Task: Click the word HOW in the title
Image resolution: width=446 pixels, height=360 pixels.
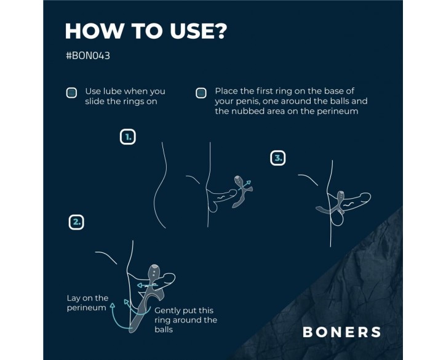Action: click(x=95, y=31)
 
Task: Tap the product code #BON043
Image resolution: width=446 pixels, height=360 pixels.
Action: click(x=88, y=55)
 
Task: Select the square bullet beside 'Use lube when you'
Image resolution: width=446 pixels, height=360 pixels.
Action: click(x=71, y=93)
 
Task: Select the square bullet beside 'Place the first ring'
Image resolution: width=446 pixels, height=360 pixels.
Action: click(x=201, y=93)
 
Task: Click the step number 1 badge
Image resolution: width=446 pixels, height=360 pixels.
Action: click(x=128, y=137)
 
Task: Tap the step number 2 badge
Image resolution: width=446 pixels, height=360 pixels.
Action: click(x=76, y=222)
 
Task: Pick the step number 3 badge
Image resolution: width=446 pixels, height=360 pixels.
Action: click(x=277, y=158)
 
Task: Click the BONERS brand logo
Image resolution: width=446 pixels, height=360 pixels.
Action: click(x=341, y=332)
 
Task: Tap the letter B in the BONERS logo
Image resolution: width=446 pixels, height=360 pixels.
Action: click(x=308, y=332)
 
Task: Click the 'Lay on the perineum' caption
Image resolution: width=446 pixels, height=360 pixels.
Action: click(x=87, y=303)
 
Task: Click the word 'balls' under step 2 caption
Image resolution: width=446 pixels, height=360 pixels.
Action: click(x=164, y=330)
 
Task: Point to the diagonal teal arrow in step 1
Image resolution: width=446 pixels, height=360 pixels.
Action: click(x=245, y=185)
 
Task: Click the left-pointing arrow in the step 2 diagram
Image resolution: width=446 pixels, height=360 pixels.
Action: click(x=147, y=285)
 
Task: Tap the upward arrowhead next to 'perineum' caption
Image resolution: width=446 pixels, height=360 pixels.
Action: click(x=113, y=305)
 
